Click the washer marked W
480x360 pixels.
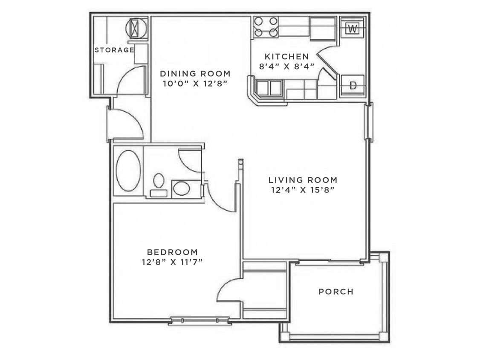(x=352, y=29)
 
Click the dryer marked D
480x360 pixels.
(x=353, y=85)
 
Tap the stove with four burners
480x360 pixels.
(x=266, y=27)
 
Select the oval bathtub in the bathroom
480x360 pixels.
(x=128, y=170)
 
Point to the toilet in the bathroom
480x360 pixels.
(x=159, y=185)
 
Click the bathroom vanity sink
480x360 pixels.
(x=182, y=189)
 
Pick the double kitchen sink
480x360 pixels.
(x=269, y=88)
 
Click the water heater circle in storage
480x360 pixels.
(x=136, y=28)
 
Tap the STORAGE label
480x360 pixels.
(x=114, y=50)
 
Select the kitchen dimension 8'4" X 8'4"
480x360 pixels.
(x=286, y=66)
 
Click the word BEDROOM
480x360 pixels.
(x=172, y=252)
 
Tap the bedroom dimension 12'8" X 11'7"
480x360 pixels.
(x=172, y=262)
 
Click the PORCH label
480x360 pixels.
(x=336, y=292)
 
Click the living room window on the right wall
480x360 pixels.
(x=369, y=122)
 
